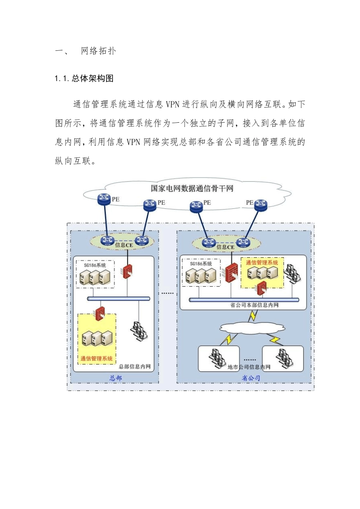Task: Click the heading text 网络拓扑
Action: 98,51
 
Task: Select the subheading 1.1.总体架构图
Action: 84,78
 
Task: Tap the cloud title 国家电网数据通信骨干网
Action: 192,188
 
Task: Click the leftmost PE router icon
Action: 104,199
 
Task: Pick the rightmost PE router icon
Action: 261,205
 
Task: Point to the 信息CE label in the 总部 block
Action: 124,245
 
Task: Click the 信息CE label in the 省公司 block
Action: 225,247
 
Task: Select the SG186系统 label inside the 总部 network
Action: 95,265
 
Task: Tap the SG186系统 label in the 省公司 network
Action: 201,264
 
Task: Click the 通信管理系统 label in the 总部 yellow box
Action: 97,358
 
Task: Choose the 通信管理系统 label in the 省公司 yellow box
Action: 262,262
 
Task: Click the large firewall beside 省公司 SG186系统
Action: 232,273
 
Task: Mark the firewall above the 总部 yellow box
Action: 100,314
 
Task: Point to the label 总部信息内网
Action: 135,366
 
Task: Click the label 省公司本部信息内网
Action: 254,305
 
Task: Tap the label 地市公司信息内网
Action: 249,367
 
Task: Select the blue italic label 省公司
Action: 251,378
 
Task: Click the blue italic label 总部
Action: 116,378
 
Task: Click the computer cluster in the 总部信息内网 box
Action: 139,331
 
